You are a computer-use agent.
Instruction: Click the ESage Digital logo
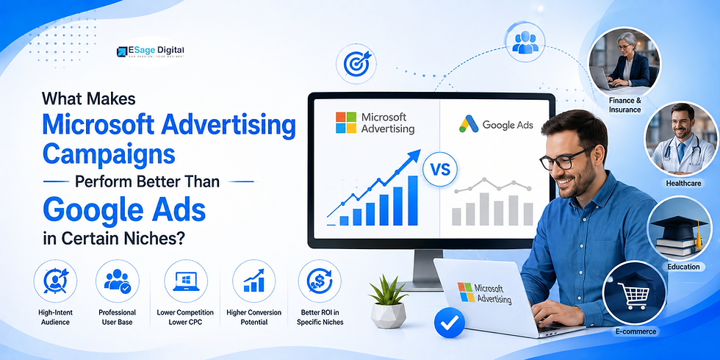[x=151, y=51]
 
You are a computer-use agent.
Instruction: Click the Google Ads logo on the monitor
[x=496, y=124]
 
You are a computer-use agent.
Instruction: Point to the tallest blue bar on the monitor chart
[x=412, y=200]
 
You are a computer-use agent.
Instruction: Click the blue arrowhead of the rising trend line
[x=414, y=155]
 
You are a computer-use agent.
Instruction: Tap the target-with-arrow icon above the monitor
[x=356, y=63]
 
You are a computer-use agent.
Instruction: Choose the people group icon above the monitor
[x=525, y=42]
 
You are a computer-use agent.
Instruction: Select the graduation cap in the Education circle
[x=680, y=228]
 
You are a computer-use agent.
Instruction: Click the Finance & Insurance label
[x=625, y=104]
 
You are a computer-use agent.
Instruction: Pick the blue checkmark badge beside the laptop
[x=449, y=323]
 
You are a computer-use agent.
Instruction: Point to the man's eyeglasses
[x=564, y=159]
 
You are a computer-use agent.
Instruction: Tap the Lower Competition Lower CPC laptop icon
[x=185, y=281]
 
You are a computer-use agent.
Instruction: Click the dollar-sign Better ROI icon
[x=320, y=281]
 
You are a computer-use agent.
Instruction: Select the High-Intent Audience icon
[x=55, y=281]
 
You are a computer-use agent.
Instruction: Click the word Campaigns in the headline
[x=109, y=154]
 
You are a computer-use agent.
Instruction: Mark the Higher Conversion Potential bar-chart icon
[x=254, y=281]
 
